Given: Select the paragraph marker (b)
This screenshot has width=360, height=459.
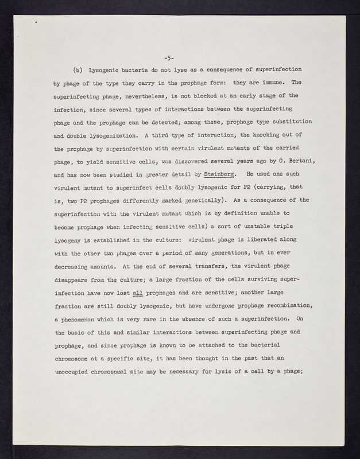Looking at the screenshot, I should (x=78, y=69).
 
